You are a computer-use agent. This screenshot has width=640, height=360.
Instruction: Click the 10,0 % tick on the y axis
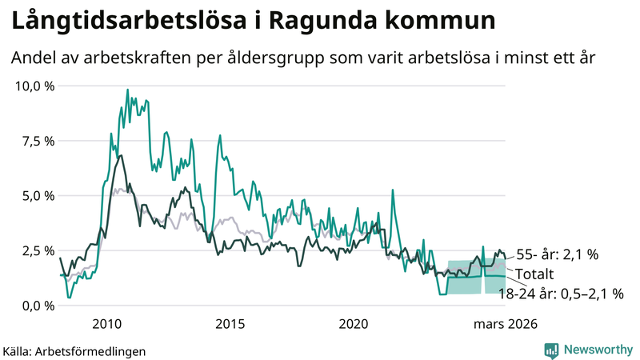click(x=34, y=86)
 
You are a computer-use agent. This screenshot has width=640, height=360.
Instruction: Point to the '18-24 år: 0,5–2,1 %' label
click(x=561, y=294)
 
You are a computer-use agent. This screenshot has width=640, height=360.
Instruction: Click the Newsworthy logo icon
click(x=551, y=350)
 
